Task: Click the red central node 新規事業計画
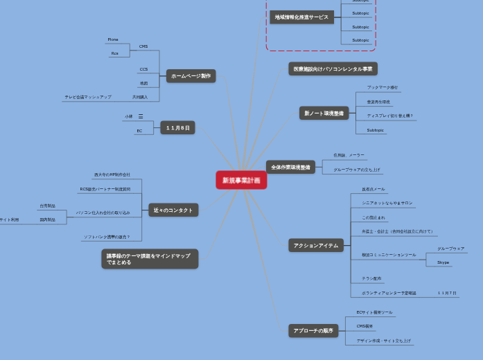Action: pyautogui.click(x=241, y=180)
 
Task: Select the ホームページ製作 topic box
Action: pyautogui.click(x=191, y=76)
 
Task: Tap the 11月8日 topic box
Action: pyautogui.click(x=177, y=127)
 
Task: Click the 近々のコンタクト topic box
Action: pyautogui.click(x=173, y=210)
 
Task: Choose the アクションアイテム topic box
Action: pyautogui.click(x=315, y=245)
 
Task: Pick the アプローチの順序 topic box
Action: pyautogui.click(x=313, y=331)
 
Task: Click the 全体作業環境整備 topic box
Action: pyautogui.click(x=290, y=167)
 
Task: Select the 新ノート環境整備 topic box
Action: pyautogui.click(x=324, y=113)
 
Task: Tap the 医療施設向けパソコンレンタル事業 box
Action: pyautogui.click(x=333, y=69)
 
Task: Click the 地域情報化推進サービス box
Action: pyautogui.click(x=301, y=17)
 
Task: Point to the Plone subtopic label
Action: pyautogui.click(x=113, y=39)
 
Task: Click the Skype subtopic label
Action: pyautogui.click(x=444, y=262)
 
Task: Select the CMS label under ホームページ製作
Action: pyautogui.click(x=143, y=46)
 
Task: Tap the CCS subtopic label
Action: pyautogui.click(x=143, y=69)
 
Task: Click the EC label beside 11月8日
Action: pyautogui.click(x=139, y=130)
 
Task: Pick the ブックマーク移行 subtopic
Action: pyautogui.click(x=383, y=87)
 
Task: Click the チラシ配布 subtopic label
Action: pyautogui.click(x=371, y=278)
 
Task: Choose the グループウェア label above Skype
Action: pyautogui.click(x=450, y=248)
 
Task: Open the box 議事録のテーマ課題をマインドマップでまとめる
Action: pyautogui.click(x=150, y=259)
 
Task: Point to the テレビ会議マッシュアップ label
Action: pyautogui.click(x=88, y=97)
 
